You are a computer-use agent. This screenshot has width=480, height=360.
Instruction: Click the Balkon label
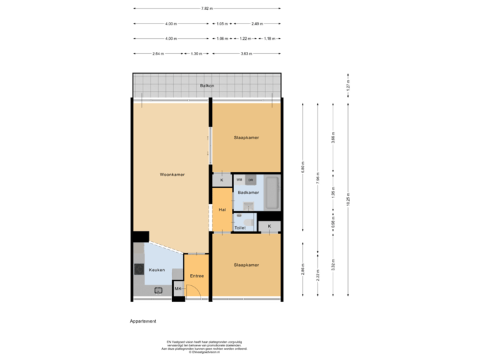click(x=207, y=86)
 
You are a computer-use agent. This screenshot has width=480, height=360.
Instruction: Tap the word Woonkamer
click(x=172, y=175)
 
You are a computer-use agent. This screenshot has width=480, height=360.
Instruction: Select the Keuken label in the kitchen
click(x=157, y=270)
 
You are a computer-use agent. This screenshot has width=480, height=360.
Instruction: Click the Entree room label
click(x=196, y=276)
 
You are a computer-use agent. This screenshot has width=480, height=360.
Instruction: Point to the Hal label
click(x=221, y=210)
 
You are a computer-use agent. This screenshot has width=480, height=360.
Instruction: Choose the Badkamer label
click(x=247, y=192)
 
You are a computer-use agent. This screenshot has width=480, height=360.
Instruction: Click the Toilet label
click(x=240, y=227)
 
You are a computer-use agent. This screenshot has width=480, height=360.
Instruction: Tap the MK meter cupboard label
click(x=178, y=289)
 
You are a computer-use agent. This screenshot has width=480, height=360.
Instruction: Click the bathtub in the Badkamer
click(x=272, y=192)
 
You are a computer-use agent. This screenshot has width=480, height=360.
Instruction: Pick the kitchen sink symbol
click(x=159, y=290)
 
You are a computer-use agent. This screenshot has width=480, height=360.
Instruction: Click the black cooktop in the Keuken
click(x=138, y=269)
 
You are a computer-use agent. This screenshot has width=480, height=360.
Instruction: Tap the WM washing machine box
click(x=239, y=180)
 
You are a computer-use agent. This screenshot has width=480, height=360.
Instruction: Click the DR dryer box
click(x=251, y=180)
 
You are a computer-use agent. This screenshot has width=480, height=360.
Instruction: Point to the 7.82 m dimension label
click(x=207, y=9)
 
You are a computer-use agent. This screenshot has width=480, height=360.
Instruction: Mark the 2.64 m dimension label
click(x=157, y=53)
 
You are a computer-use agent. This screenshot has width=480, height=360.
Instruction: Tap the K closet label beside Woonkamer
click(x=221, y=180)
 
